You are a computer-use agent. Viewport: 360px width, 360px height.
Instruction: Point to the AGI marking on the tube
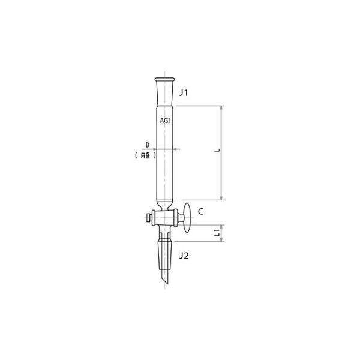point(165,121)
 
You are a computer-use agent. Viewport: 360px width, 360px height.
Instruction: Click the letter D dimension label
point(148,144)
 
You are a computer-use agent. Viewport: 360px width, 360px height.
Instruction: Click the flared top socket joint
point(164,85)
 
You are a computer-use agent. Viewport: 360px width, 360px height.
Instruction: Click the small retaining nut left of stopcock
point(148,215)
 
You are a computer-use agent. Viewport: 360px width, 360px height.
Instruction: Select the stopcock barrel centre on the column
point(164,215)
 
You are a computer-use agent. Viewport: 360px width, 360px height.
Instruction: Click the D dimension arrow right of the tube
point(176,149)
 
